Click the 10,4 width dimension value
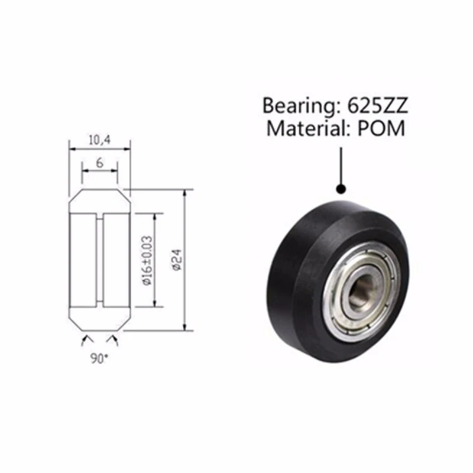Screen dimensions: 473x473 [x=100, y=140]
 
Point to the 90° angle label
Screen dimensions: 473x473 [x=100, y=358]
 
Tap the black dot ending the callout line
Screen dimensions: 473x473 [x=341, y=189]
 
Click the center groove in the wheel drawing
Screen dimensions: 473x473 [x=100, y=260]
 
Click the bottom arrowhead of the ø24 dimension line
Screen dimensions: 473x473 [x=186, y=327]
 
